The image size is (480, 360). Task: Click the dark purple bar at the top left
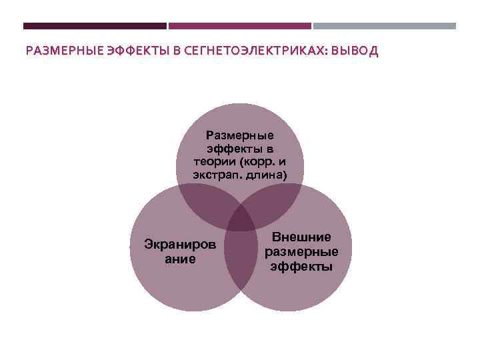95,26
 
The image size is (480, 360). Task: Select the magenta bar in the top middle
240,26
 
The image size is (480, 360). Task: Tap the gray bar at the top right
385,26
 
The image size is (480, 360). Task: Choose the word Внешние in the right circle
301,238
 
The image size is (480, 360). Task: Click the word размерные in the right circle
301,252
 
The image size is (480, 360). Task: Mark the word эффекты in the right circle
301,266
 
